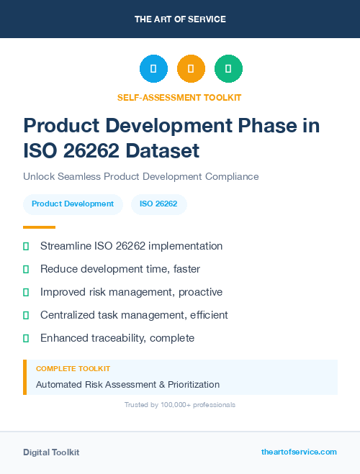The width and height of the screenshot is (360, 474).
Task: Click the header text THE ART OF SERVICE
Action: point(180,19)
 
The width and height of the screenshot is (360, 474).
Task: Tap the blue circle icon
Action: point(153,69)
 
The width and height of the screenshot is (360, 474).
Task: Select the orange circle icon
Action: point(191,69)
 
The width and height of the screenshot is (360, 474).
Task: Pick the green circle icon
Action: point(228,69)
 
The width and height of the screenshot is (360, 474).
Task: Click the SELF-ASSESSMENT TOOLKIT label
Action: point(180,97)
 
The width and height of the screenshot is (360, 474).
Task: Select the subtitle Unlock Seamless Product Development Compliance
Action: point(140,176)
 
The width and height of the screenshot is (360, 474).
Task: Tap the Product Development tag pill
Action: point(73,204)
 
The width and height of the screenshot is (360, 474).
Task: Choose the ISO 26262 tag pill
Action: point(158,204)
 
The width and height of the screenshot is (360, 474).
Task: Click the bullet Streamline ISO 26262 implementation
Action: point(131,246)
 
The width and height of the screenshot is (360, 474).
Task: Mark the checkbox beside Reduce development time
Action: point(26,269)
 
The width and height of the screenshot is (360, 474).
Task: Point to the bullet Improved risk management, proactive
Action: point(131,292)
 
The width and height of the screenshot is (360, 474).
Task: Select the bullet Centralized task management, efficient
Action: point(134,315)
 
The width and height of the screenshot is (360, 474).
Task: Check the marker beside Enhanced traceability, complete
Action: point(26,338)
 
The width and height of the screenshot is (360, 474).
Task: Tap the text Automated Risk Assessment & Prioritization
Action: point(127,385)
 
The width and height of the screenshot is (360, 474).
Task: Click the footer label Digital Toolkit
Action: point(51,452)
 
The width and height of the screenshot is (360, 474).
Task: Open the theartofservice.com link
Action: point(299,452)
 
